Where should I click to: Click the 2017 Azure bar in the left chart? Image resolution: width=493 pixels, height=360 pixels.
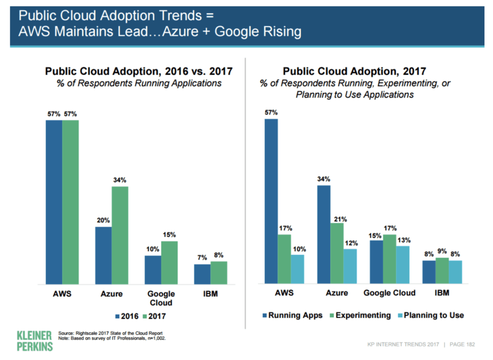click(x=120, y=235)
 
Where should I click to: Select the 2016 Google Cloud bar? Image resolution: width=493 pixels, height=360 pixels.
click(x=152, y=270)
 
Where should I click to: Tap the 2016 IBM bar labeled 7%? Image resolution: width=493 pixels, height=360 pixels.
click(x=202, y=274)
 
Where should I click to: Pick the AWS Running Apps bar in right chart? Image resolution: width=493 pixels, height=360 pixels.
click(x=271, y=201)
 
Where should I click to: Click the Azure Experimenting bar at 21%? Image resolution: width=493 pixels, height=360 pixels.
click(x=337, y=253)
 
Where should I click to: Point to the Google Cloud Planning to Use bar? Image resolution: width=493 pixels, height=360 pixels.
click(x=402, y=265)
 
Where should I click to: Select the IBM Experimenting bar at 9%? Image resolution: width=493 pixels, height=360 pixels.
click(x=442, y=270)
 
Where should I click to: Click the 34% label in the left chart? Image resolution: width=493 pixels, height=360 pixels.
click(x=120, y=180)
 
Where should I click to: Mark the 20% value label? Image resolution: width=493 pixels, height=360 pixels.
click(x=103, y=220)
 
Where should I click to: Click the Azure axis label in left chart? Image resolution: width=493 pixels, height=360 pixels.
click(x=111, y=294)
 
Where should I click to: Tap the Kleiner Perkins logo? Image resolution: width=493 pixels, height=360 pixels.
click(x=34, y=341)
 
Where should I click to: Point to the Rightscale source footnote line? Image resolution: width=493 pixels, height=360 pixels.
click(x=110, y=333)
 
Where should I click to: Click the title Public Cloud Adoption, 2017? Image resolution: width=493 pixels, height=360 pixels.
click(x=355, y=71)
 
